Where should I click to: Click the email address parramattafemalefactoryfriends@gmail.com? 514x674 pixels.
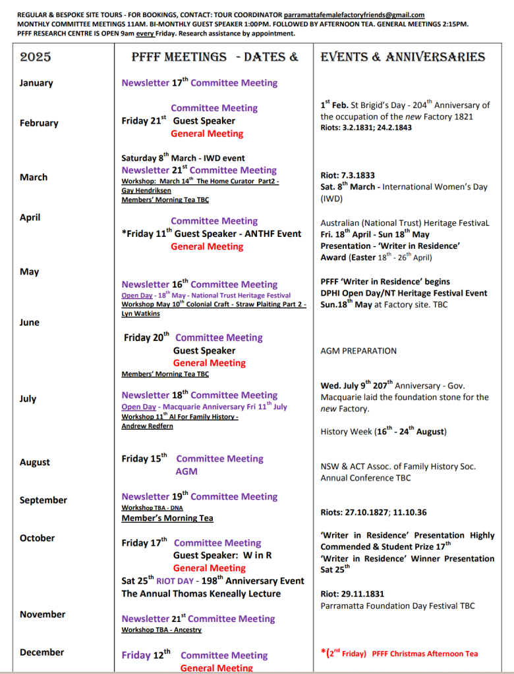354,14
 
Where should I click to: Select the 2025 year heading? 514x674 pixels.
36,57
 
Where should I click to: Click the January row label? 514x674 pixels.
36,83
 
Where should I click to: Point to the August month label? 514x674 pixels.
35,462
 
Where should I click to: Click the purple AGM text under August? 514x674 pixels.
186,471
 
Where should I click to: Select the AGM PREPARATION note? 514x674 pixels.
358,351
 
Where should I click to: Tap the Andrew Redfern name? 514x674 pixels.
147,426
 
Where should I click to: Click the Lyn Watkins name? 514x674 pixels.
140,314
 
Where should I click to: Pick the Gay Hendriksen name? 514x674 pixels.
146,190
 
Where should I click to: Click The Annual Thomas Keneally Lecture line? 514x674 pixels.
201,594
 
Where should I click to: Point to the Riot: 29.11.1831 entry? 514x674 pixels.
352,594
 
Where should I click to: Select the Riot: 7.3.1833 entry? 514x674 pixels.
347,175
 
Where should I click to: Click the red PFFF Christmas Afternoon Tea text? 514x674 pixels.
424,654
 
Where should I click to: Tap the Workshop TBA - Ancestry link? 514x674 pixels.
161,630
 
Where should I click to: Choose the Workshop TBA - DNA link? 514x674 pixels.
154,507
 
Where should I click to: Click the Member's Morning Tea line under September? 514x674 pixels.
167,518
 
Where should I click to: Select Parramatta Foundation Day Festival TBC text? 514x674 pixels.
397,606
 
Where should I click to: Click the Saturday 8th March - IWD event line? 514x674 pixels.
183,158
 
